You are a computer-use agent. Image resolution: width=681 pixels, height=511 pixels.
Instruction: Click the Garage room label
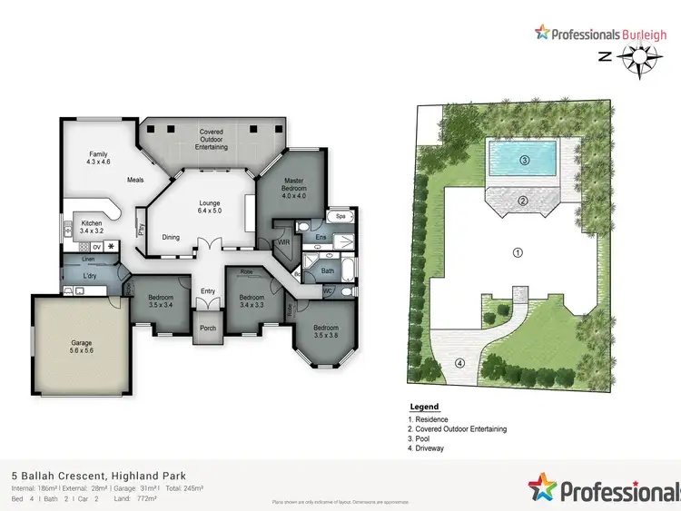click(x=82, y=348)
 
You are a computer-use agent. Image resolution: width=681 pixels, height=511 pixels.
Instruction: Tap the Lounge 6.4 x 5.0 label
click(x=211, y=207)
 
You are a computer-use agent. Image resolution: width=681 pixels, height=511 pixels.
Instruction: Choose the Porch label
click(x=208, y=328)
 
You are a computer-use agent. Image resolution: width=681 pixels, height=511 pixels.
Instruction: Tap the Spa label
click(x=340, y=218)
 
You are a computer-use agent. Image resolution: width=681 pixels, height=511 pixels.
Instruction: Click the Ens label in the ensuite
click(x=321, y=238)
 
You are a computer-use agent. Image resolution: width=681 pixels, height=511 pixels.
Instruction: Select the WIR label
click(x=284, y=242)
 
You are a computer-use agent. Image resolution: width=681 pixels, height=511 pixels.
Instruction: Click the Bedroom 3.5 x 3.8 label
click(x=326, y=331)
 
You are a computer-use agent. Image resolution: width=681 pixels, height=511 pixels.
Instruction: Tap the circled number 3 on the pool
click(x=524, y=161)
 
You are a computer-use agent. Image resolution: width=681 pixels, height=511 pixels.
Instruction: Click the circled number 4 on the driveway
click(x=459, y=364)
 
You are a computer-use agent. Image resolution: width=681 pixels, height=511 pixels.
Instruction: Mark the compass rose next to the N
click(x=642, y=57)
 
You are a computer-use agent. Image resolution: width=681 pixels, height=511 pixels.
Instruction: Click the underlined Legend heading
click(x=424, y=407)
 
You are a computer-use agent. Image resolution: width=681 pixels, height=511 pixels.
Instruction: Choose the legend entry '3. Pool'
click(x=426, y=438)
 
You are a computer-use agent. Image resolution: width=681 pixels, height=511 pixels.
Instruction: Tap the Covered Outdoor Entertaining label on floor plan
click(x=212, y=140)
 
